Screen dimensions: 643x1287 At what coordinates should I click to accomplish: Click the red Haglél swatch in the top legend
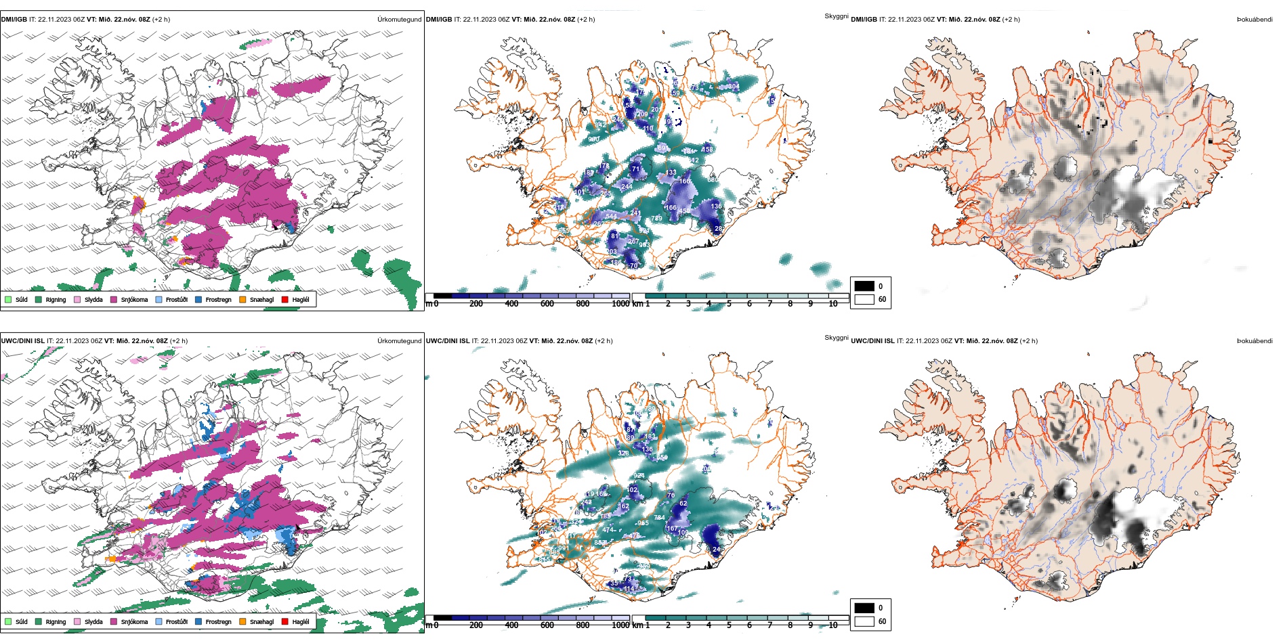pyautogui.click(x=285, y=300)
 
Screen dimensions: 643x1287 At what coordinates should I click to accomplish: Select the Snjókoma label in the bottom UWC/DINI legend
pyautogui.click(x=134, y=622)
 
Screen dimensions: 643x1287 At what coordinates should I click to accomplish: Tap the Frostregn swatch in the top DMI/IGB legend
pyautogui.click(x=198, y=300)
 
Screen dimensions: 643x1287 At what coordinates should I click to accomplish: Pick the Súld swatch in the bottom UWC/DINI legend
pyautogui.click(x=8, y=622)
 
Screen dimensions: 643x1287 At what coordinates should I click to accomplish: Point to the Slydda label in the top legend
pyautogui.click(x=93, y=300)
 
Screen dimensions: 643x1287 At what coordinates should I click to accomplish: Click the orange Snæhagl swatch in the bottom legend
pyautogui.click(x=242, y=622)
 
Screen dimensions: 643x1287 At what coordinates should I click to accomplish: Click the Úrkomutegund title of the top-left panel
pyautogui.click(x=399, y=20)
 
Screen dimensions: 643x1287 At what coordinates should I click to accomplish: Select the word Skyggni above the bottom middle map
pyautogui.click(x=836, y=337)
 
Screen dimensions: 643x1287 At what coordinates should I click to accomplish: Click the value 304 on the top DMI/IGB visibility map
pyautogui.click(x=734, y=87)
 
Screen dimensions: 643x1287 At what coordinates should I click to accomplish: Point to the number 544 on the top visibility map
pyautogui.click(x=611, y=217)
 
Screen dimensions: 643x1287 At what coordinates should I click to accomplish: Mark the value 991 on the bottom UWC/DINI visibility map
pyautogui.click(x=564, y=548)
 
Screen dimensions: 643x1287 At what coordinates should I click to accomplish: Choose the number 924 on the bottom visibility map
pyautogui.click(x=639, y=476)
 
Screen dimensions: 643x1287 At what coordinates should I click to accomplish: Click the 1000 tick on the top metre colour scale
pyautogui.click(x=620, y=304)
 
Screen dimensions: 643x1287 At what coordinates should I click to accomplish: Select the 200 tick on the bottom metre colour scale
pyautogui.click(x=476, y=625)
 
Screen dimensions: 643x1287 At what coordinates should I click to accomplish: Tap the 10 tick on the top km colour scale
pyautogui.click(x=833, y=304)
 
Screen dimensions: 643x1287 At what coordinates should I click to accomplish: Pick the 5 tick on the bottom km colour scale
pyautogui.click(x=729, y=625)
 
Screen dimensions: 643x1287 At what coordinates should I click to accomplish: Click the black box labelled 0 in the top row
pyautogui.click(x=864, y=286)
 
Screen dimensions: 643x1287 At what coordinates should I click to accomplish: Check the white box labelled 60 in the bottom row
pyautogui.click(x=864, y=621)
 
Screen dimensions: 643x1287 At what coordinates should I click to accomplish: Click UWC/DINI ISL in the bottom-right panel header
pyautogui.click(x=872, y=341)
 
